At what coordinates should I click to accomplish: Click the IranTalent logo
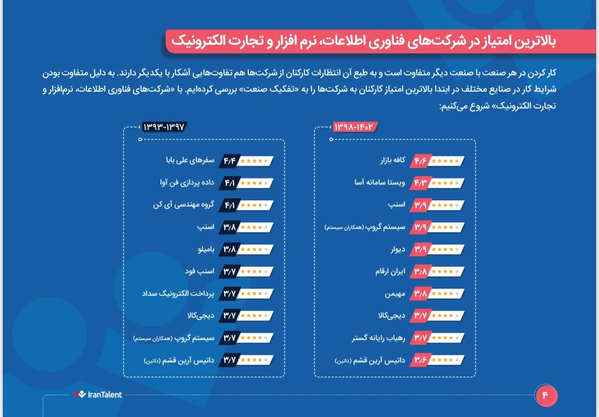tap(98, 395)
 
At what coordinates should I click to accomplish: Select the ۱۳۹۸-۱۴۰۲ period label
tap(354, 127)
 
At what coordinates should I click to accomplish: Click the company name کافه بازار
tap(392, 161)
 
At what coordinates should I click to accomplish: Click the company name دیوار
tap(398, 249)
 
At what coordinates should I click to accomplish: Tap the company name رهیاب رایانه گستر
tap(378, 338)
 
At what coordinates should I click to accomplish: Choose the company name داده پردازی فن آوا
tap(187, 183)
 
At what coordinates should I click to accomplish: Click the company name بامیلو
tap(206, 249)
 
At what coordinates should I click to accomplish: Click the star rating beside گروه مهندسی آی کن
tap(256, 205)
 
